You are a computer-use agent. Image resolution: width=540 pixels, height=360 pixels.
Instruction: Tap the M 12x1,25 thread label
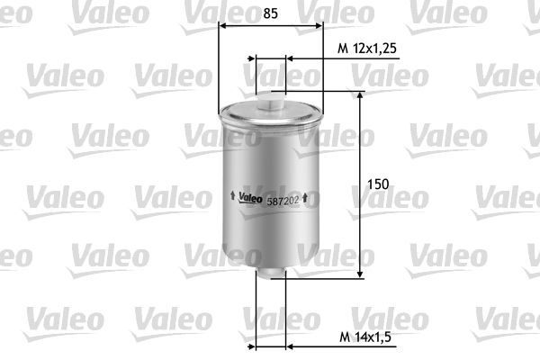pyautogui.click(x=367, y=48)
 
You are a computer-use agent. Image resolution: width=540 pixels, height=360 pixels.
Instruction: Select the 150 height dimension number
pyautogui.click(x=378, y=184)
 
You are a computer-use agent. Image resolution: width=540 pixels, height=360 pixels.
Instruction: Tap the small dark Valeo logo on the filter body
pyautogui.click(x=251, y=199)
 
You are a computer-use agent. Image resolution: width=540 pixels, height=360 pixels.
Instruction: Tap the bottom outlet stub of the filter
pyautogui.click(x=271, y=276)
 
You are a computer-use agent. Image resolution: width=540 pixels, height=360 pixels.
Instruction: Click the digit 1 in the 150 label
pyautogui.click(x=372, y=184)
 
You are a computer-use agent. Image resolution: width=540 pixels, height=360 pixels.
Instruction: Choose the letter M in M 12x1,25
pyautogui.click(x=341, y=48)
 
